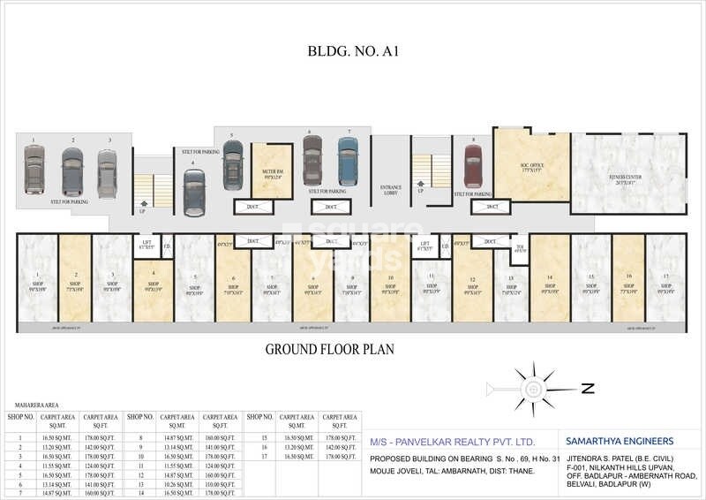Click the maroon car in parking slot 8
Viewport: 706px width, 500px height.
click(473, 166)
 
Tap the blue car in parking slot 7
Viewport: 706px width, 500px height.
click(348, 161)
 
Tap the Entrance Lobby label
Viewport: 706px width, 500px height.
click(391, 190)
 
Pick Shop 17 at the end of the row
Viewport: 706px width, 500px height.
click(666, 283)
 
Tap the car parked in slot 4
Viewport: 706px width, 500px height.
click(195, 193)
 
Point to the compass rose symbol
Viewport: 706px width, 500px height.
click(533, 388)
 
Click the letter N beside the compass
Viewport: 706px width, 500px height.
click(588, 388)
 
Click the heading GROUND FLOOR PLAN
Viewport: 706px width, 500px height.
click(329, 349)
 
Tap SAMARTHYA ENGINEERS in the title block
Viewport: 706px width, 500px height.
click(617, 440)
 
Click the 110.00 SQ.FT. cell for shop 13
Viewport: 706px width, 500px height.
click(219, 485)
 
